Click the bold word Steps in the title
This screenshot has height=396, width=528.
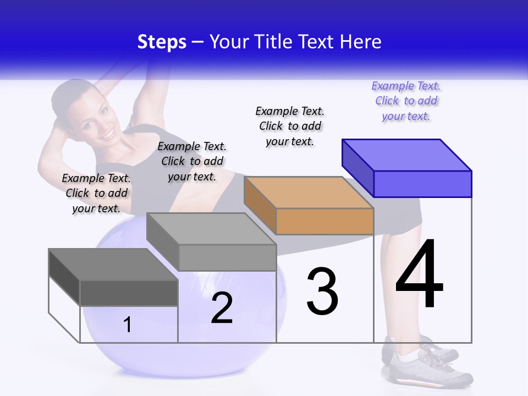pyautogui.click(x=162, y=42)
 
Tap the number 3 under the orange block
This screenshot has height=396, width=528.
pyautogui.click(x=322, y=291)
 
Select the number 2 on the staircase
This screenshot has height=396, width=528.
pyautogui.click(x=222, y=308)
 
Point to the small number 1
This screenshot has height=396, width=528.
pyautogui.click(x=128, y=325)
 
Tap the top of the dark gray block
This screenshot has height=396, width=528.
pyautogui.click(x=113, y=265)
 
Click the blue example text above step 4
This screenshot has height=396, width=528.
pyautogui.click(x=406, y=101)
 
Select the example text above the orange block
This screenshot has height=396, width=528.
pyautogui.click(x=290, y=126)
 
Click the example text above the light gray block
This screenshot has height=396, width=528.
pyautogui.click(x=192, y=161)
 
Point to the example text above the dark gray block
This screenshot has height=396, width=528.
pyautogui.click(x=96, y=193)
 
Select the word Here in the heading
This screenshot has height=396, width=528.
pyautogui.click(x=361, y=42)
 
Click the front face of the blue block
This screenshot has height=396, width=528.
pyautogui.click(x=422, y=184)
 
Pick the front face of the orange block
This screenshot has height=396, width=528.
pyautogui.click(x=324, y=221)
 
